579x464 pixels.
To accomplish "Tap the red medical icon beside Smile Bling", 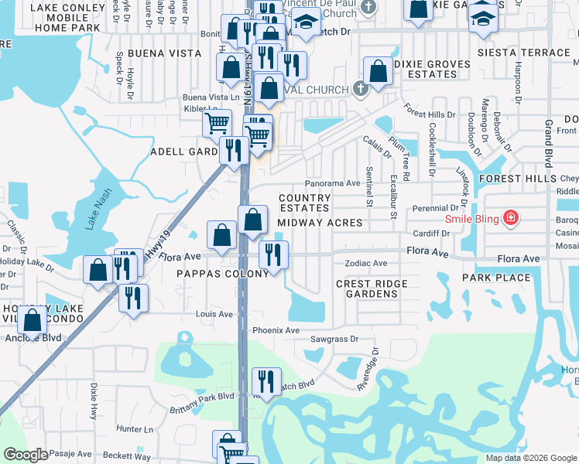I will (510, 219).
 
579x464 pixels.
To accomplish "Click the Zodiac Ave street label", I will (365, 263).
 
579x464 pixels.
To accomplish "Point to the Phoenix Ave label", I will (276, 330).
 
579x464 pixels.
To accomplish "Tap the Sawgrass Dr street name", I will (334, 339).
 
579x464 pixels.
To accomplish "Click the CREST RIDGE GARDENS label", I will (372, 288).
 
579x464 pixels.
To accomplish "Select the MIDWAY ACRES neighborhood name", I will (320, 223).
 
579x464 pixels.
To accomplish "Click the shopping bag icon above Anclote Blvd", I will (33, 319).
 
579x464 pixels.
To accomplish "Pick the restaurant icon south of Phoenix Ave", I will (266, 380).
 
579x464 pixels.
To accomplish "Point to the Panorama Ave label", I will (332, 183).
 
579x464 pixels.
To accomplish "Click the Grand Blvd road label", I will (548, 145).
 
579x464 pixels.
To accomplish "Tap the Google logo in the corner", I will (26, 455).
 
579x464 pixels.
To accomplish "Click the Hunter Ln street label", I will (135, 428).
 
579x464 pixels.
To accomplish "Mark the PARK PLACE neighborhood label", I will (496, 278).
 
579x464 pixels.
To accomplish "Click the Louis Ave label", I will (214, 314).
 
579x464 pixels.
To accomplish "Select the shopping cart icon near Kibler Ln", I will (217, 121).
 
